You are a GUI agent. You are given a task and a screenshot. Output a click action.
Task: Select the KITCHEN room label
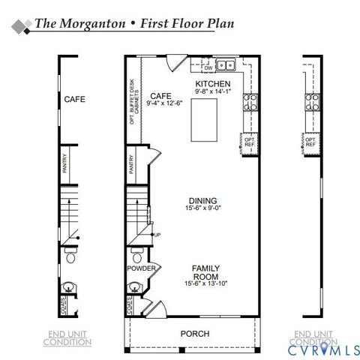click(212, 83)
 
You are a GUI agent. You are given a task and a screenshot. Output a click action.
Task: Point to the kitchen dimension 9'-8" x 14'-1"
click(212, 92)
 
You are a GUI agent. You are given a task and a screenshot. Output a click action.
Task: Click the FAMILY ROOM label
click(205, 271)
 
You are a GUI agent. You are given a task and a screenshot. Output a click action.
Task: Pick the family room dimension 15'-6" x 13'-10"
click(205, 283)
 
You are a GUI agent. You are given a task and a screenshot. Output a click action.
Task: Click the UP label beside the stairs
click(157, 235)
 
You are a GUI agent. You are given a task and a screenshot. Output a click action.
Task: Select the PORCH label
click(194, 334)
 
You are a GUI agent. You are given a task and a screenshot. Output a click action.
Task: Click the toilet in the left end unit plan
click(70, 258)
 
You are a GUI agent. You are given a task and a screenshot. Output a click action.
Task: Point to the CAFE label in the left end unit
click(74, 99)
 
